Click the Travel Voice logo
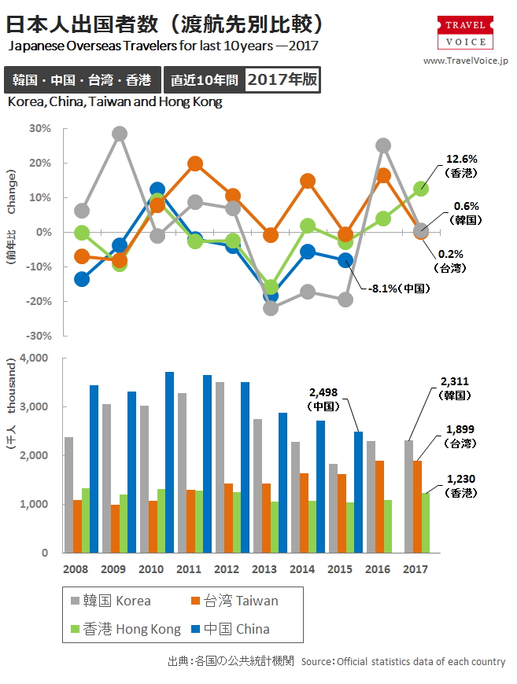[x=466, y=34]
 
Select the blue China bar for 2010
[x=169, y=462]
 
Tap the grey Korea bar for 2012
[x=220, y=467]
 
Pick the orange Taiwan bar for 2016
[x=379, y=506]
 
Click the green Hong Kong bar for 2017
[x=426, y=523]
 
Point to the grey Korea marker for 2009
[x=120, y=134]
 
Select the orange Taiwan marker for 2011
[x=195, y=164]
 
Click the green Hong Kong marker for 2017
[x=422, y=189]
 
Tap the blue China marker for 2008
[x=82, y=279]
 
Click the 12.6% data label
[x=462, y=158]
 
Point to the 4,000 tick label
[x=34, y=359]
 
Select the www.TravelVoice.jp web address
[x=466, y=61]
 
